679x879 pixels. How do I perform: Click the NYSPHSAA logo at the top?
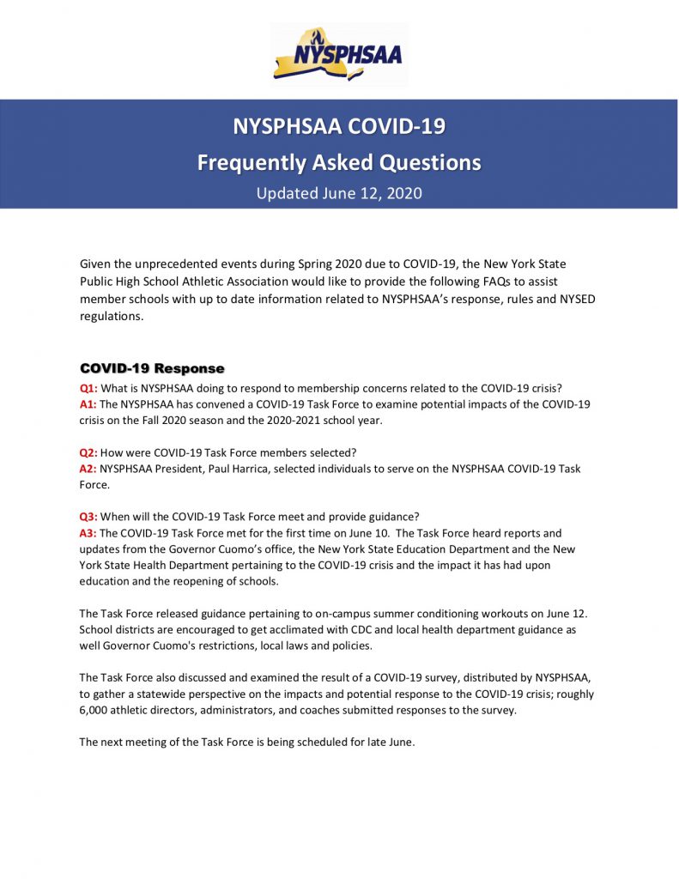(x=338, y=54)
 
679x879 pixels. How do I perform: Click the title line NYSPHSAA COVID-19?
(x=339, y=127)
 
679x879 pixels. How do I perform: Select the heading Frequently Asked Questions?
(x=339, y=162)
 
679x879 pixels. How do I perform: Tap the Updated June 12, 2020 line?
(x=339, y=193)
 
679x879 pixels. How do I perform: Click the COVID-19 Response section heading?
(x=152, y=368)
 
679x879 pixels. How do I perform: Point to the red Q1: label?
(x=88, y=388)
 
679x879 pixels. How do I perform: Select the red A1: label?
(x=88, y=403)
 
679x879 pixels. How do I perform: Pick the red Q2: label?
(x=88, y=452)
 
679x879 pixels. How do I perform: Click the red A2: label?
(x=88, y=469)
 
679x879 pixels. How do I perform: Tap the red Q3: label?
(x=88, y=517)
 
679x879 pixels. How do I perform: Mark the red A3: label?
(x=88, y=533)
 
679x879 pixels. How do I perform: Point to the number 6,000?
(x=96, y=710)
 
